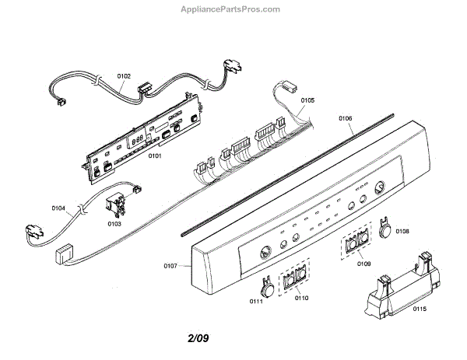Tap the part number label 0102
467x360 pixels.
[124, 76]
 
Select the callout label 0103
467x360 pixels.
[114, 224]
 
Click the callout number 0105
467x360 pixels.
[307, 100]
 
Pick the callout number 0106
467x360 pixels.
[346, 118]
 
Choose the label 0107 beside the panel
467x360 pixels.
[171, 267]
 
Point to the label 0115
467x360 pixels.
[420, 311]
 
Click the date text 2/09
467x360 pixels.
[198, 339]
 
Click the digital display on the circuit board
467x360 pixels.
[138, 140]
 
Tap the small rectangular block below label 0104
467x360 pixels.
[65, 253]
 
